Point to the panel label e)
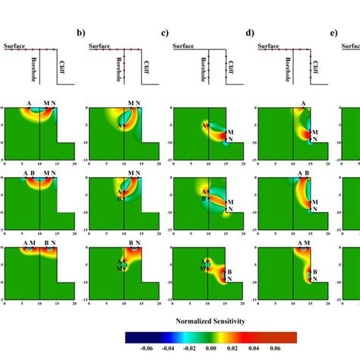point(334,33)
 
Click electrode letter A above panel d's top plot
point(304,103)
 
